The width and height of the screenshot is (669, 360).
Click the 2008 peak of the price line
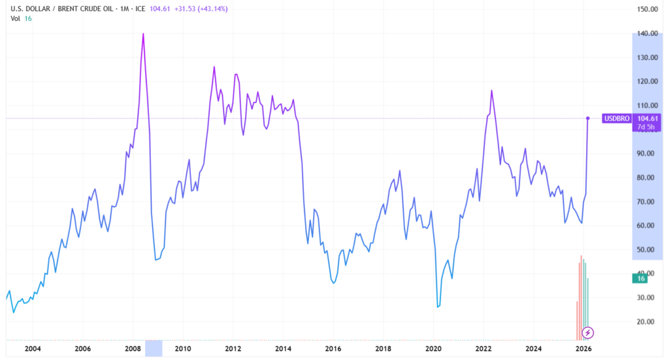(x=143, y=33)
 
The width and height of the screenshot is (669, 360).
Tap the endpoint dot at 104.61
(x=588, y=118)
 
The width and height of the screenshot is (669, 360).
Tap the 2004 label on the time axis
(x=32, y=348)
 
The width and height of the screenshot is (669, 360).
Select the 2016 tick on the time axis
(x=333, y=348)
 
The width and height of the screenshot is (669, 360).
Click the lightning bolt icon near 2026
(x=588, y=333)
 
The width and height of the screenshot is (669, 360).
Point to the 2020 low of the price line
(x=437, y=307)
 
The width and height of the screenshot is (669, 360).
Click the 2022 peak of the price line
(x=491, y=90)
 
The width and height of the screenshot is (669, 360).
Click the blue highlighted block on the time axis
(x=154, y=348)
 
